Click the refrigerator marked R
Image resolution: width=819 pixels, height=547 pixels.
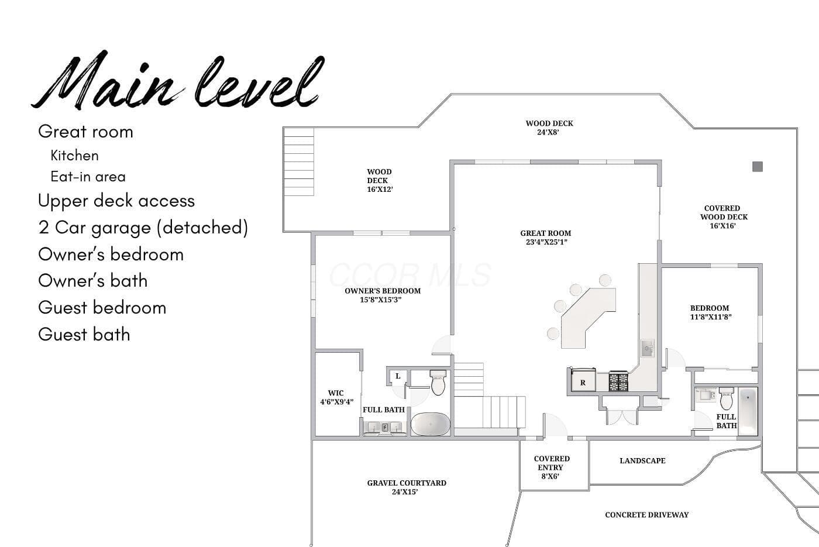pos(583,380)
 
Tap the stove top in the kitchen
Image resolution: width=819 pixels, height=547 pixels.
pos(618,381)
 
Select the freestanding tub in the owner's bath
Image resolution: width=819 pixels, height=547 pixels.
pos(431,424)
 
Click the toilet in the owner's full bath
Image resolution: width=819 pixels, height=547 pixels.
pos(438,382)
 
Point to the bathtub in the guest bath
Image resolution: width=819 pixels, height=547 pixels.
pos(748,412)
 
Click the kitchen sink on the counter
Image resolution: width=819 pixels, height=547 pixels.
pos(647,348)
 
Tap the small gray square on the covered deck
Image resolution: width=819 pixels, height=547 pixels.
pos(758,167)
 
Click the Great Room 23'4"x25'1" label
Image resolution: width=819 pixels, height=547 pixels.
pos(546,238)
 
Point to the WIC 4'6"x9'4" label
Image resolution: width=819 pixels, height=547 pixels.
pos(336,397)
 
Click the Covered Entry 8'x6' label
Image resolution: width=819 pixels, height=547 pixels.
pos(551,467)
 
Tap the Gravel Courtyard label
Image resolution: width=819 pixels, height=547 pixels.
pos(407,487)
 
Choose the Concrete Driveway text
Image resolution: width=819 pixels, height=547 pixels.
pos(647,515)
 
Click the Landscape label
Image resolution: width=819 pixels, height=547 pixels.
pos(642,461)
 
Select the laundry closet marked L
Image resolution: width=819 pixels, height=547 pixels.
pos(398,376)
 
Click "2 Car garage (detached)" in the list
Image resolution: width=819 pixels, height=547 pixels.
pos(143,228)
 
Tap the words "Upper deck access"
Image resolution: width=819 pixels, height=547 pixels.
pos(116,201)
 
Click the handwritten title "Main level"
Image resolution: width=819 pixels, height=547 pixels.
pos(178,80)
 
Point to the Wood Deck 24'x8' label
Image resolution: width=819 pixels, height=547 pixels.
pos(549,128)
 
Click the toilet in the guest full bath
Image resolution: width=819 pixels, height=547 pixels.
pos(726,398)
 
